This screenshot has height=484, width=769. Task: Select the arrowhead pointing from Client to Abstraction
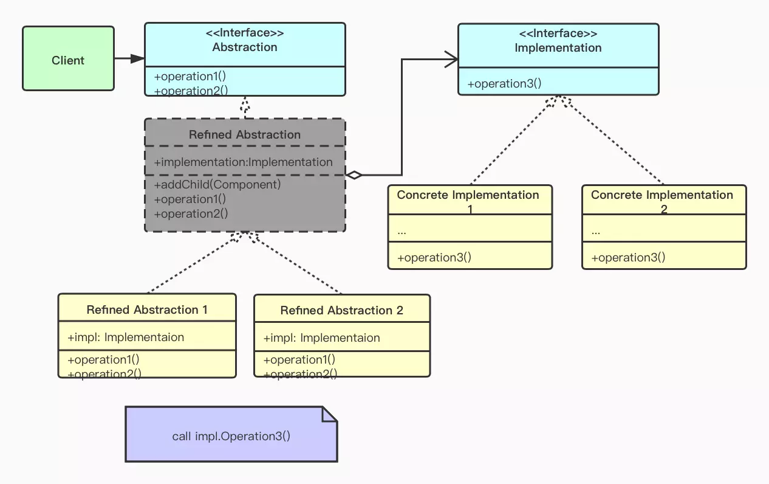137,58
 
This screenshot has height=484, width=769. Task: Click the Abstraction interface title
245,47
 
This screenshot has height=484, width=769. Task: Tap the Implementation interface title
558,47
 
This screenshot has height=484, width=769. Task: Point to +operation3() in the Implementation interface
504,84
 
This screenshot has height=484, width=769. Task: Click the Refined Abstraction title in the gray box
245,134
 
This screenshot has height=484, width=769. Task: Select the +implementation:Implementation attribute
244,162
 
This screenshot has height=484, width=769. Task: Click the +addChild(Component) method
217,184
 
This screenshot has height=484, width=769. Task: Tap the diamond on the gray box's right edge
354,175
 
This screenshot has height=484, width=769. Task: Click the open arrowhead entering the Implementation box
451,59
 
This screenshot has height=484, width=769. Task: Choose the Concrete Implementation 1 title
468,195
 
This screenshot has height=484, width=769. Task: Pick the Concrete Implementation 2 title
662,195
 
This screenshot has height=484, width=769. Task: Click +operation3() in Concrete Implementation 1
434,257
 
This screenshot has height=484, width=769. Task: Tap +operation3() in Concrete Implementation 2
629,257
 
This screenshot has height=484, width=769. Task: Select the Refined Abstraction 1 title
147,309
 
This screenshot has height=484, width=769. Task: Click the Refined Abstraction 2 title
341,310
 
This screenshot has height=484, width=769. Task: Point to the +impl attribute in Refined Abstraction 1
126,337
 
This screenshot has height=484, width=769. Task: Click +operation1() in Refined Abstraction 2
299,359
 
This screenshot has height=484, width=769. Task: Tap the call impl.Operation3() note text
231,436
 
